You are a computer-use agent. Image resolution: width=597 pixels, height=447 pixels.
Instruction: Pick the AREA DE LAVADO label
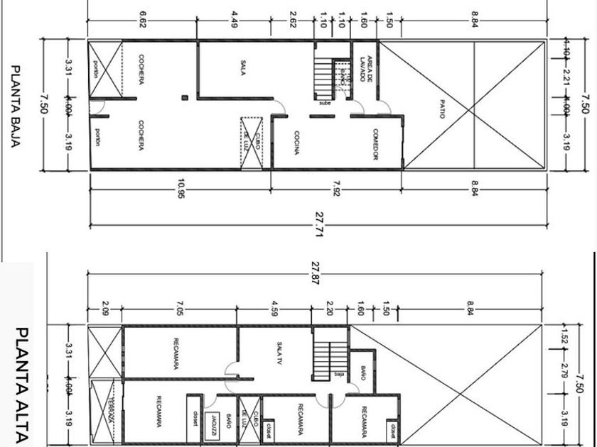tap(366, 69)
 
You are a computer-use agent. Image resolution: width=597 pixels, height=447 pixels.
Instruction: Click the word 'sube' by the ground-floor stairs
tap(326, 103)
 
